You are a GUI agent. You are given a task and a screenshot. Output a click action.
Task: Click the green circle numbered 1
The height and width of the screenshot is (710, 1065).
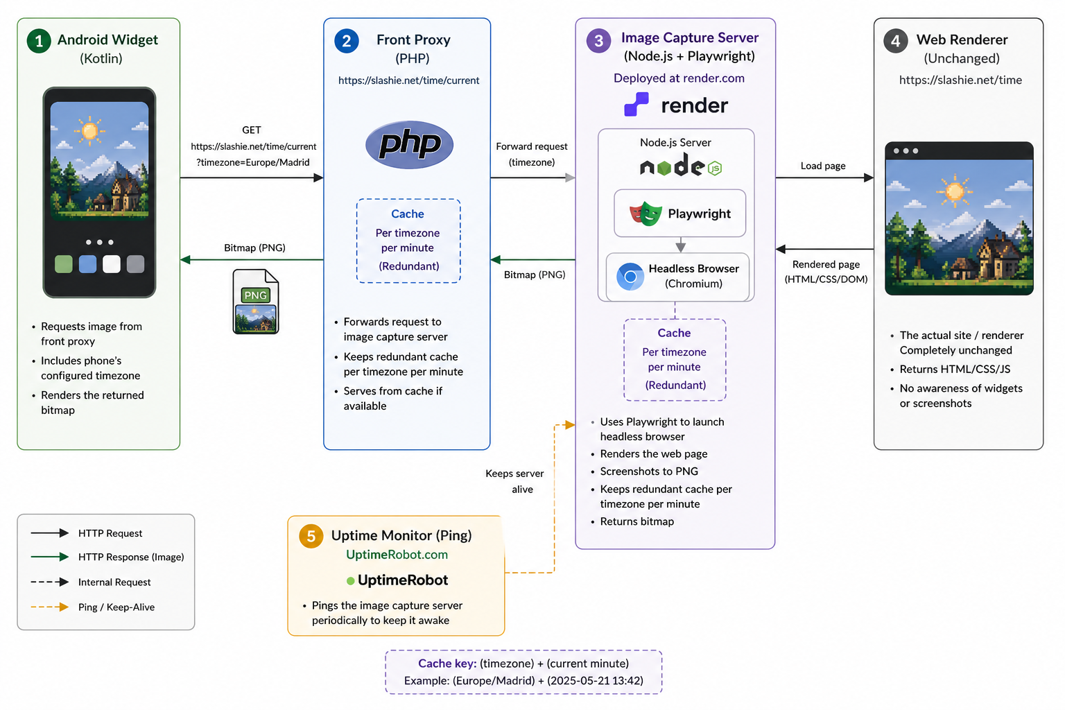(x=39, y=41)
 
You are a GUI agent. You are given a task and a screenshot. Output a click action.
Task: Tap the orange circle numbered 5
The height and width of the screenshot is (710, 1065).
(x=311, y=536)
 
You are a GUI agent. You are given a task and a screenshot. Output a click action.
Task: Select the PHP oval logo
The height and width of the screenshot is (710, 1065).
(x=409, y=145)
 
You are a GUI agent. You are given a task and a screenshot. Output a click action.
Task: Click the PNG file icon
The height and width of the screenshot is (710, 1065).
(x=255, y=302)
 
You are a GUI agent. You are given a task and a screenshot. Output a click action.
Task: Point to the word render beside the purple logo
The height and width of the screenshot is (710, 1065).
(x=694, y=105)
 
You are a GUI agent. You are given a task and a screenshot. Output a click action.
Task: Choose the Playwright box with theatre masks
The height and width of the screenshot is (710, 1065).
(x=679, y=214)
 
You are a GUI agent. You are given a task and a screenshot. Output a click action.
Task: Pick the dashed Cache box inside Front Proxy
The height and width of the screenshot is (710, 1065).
(x=408, y=241)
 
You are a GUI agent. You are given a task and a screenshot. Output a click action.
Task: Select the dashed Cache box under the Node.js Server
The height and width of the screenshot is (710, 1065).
(x=675, y=359)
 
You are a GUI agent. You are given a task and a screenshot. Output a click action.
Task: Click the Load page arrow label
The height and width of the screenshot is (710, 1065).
(x=823, y=166)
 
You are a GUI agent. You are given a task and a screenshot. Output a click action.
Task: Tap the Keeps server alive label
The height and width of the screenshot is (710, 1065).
(x=515, y=481)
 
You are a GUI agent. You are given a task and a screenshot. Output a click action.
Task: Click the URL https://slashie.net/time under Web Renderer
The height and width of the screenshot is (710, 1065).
(x=960, y=80)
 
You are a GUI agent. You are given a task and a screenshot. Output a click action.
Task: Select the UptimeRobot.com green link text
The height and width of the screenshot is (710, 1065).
(x=397, y=555)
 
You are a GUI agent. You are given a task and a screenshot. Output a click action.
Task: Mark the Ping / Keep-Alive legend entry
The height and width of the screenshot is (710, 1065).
(x=116, y=607)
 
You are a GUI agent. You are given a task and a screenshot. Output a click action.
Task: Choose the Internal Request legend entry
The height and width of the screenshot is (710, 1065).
(x=114, y=582)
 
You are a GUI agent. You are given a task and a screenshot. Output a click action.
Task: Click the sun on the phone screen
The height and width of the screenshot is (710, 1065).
(x=89, y=130)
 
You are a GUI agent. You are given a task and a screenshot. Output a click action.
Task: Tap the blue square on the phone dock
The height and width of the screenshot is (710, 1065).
(x=87, y=264)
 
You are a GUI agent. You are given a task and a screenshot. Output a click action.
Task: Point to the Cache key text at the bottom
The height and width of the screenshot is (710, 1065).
(x=523, y=664)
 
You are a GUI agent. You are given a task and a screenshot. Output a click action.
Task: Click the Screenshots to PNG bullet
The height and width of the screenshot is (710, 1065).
(x=649, y=471)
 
